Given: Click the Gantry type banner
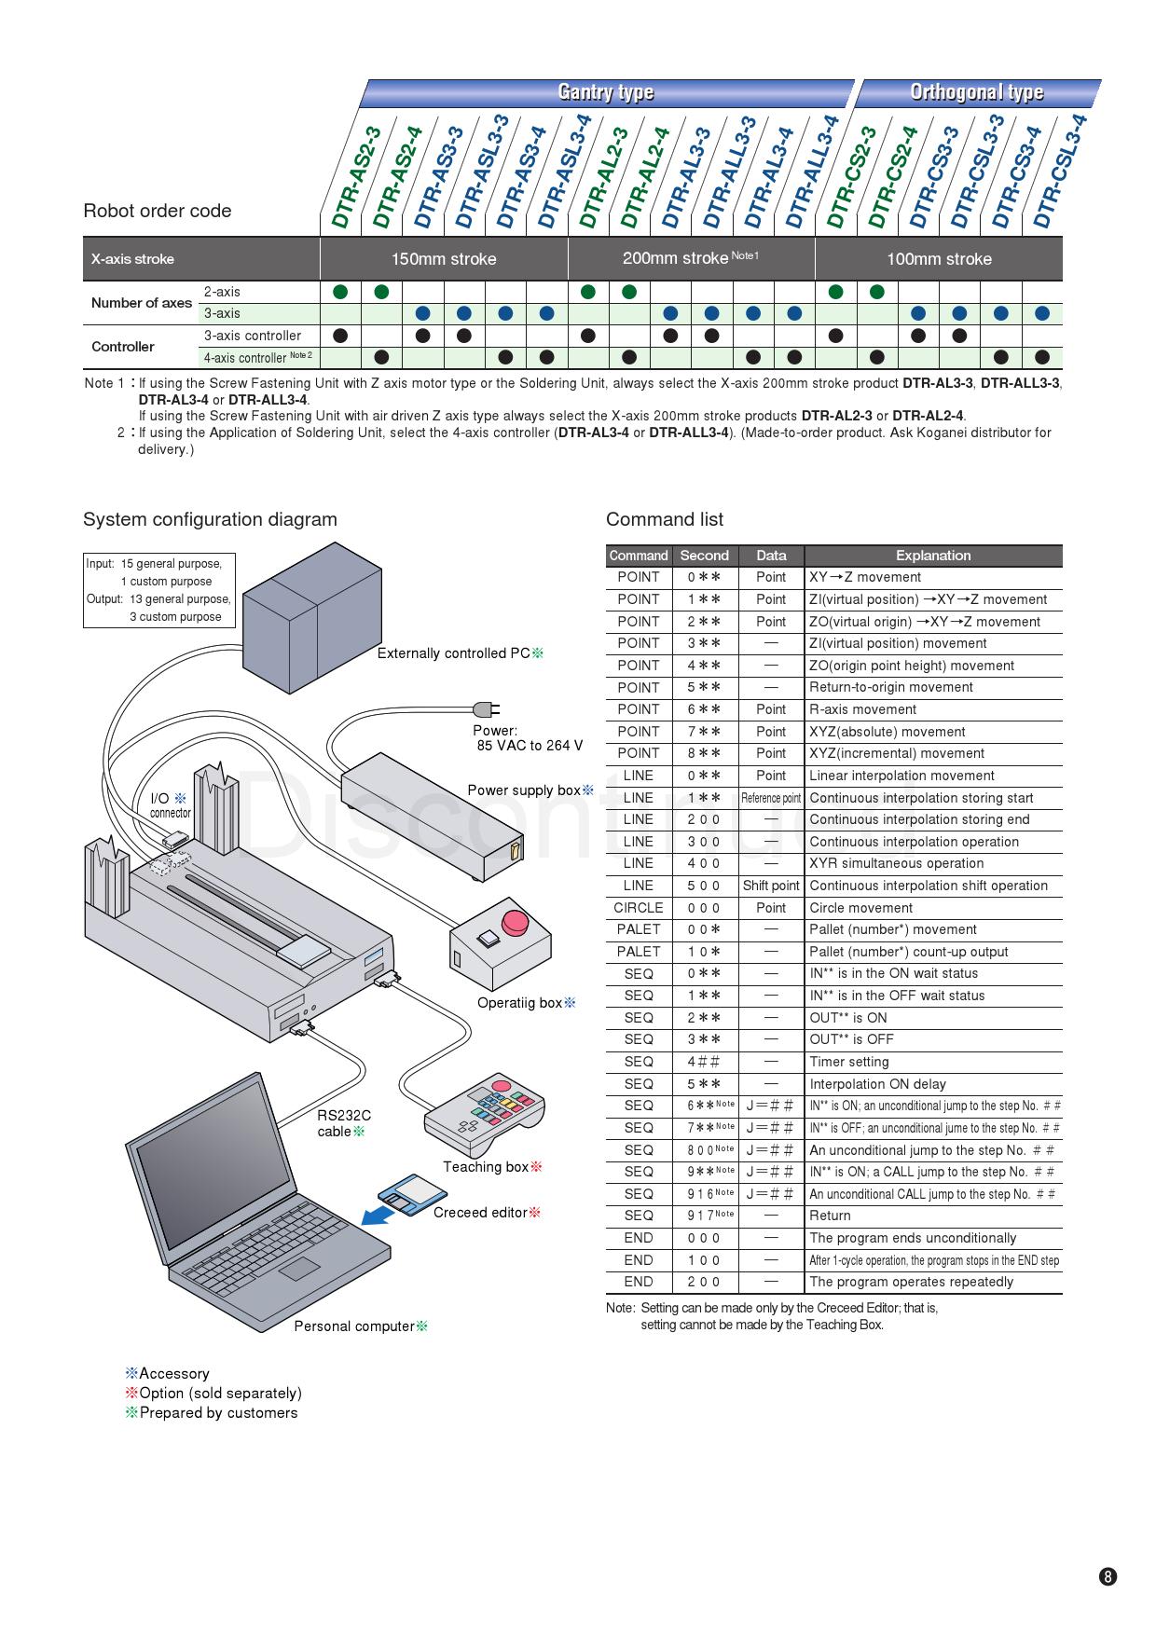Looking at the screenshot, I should [x=606, y=92].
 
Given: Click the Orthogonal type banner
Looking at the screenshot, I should [x=976, y=92].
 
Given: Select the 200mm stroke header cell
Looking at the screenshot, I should [x=690, y=258].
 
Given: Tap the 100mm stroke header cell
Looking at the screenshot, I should [x=938, y=259].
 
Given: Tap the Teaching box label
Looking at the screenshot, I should [x=486, y=1167].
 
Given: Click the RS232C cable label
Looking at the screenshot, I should [x=343, y=1123].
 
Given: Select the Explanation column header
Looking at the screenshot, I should [x=932, y=556].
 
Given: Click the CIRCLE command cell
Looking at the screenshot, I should [x=639, y=908].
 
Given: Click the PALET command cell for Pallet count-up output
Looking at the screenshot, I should [x=639, y=952].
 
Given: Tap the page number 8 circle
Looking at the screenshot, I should [x=1108, y=1577].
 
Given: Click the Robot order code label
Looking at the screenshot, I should [x=158, y=211].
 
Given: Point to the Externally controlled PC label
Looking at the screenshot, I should [x=454, y=653].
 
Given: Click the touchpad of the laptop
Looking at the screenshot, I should [x=299, y=1268].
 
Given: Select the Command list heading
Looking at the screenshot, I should [x=665, y=519].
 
